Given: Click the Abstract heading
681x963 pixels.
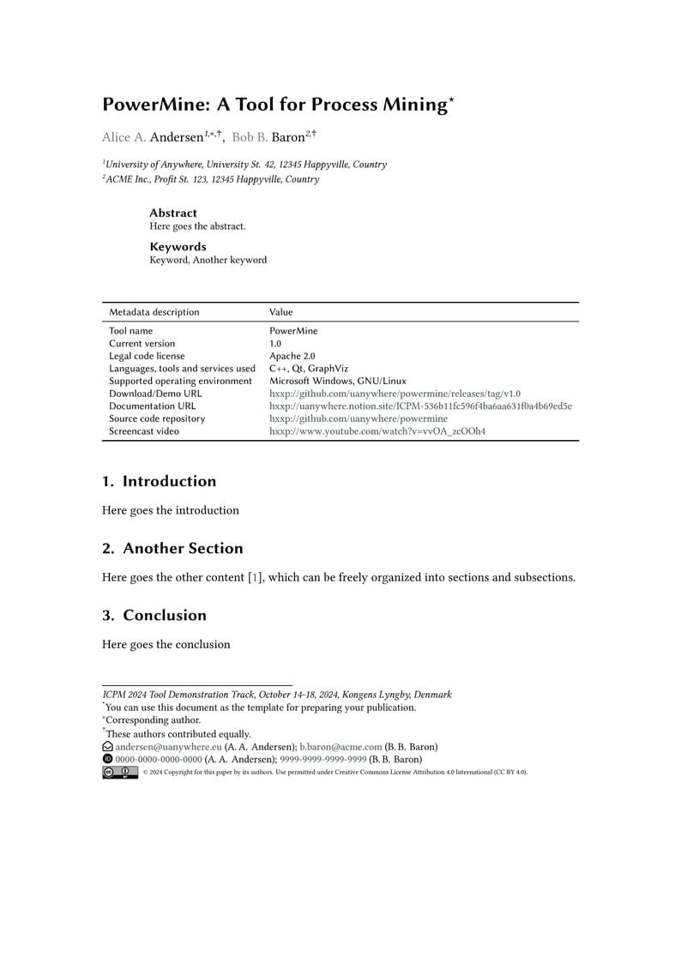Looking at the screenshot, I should click(173, 213).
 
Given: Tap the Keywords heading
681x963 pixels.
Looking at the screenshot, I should click(178, 247).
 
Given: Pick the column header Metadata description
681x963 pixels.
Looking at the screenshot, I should click(154, 312).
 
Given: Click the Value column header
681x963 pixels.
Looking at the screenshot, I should click(280, 312).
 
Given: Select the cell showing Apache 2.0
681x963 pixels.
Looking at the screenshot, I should click(292, 356).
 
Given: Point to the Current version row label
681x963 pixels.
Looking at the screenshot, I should click(142, 343).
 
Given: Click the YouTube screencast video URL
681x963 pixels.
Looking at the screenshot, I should click(377, 431).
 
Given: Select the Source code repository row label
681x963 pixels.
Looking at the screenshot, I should click(157, 418).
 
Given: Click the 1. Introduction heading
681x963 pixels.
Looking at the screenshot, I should click(159, 481).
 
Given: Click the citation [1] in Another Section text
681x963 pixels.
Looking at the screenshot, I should click(255, 577).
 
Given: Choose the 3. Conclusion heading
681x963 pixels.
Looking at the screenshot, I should click(154, 615).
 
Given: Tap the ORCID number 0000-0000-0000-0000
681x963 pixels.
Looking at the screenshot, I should click(159, 759).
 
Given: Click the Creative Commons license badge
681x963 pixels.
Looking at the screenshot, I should click(119, 772).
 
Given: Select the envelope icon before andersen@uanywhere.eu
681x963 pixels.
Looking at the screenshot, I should click(107, 747).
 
